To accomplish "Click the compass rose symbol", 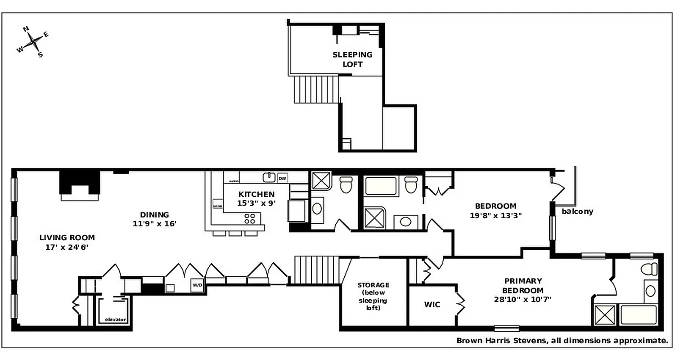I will [33, 42].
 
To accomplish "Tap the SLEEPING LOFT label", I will [352, 59].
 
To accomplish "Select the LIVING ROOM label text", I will [67, 238].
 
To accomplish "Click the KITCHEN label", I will [256, 194].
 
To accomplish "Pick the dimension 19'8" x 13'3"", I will [495, 215].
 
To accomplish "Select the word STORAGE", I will [373, 285].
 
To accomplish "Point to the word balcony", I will [577, 211].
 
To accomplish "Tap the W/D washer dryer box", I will [197, 285].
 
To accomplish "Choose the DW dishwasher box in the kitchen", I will [282, 178].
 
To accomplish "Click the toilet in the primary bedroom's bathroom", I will [648, 269].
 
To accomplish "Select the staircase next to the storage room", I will [316, 270].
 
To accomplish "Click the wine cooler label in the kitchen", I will [217, 206].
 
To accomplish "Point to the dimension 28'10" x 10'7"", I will [522, 299].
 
